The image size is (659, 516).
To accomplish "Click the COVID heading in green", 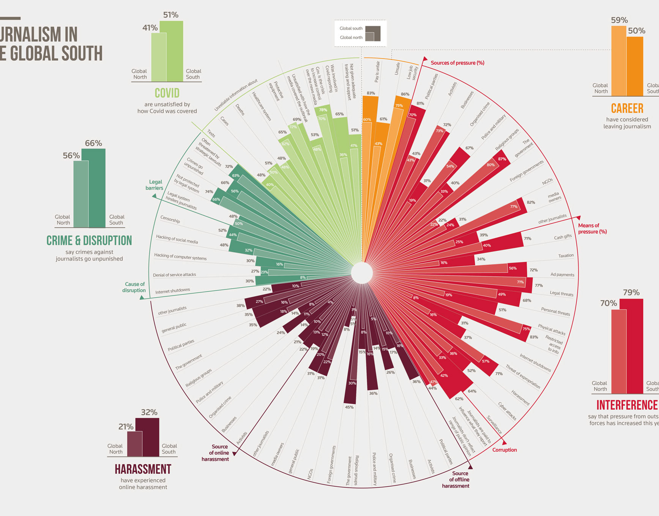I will click(x=167, y=93).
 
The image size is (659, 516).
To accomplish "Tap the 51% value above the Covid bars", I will click(x=170, y=15).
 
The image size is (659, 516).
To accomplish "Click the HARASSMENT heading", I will click(x=143, y=469).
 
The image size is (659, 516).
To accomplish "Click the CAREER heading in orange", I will click(x=627, y=109).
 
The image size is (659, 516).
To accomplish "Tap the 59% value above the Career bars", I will click(x=619, y=20).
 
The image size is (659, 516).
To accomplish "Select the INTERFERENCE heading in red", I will click(x=627, y=405).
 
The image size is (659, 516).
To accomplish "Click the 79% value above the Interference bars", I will click(x=631, y=293).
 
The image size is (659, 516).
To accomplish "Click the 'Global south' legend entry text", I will click(x=351, y=28).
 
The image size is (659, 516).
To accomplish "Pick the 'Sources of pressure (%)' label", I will click(x=457, y=63).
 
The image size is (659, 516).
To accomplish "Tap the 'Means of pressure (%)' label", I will click(x=592, y=228).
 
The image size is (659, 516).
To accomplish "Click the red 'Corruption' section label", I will click(x=504, y=450).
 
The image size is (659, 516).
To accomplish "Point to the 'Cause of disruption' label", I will click(x=135, y=287).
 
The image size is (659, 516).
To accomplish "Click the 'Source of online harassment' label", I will click(x=216, y=453).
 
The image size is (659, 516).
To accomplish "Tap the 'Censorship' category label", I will click(x=170, y=220).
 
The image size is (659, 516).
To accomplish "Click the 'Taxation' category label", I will click(x=566, y=256).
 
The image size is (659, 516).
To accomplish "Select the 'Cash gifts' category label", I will click(x=563, y=237).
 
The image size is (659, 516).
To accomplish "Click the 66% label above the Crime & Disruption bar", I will click(x=93, y=143).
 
